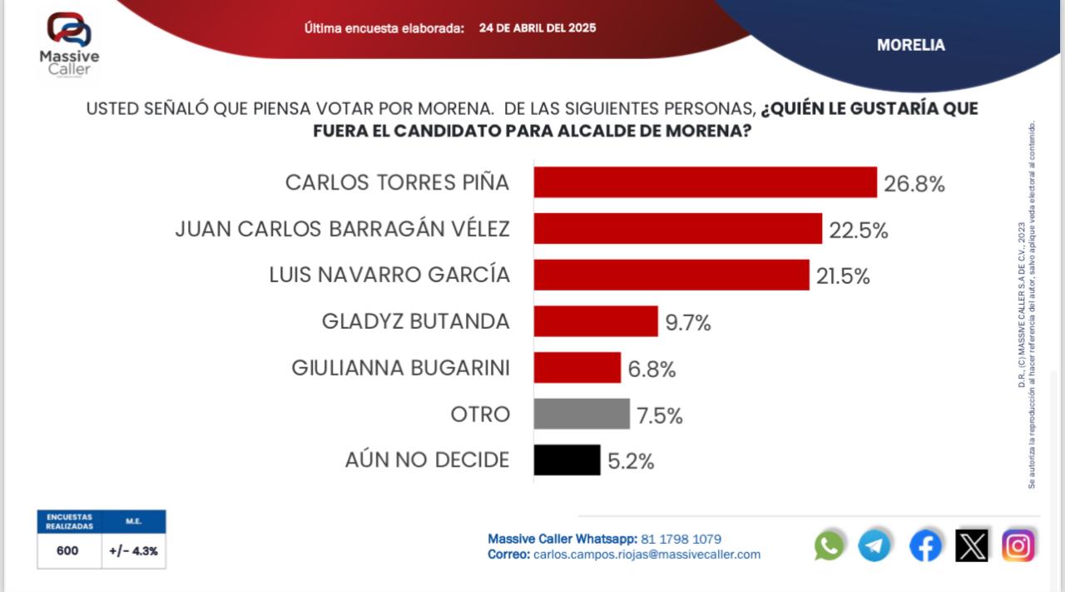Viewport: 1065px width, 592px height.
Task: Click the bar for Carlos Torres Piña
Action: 705,182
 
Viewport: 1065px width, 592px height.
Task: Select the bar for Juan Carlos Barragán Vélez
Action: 677,229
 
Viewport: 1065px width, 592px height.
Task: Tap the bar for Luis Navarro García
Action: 671,275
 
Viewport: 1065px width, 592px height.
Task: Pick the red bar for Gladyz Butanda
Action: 595,321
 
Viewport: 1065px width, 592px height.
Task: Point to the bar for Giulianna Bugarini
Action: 577,367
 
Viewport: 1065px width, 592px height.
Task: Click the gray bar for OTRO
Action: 581,414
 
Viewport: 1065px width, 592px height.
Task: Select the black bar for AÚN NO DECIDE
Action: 567,460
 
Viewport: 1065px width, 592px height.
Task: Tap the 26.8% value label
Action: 914,185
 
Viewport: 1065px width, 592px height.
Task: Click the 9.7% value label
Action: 687,323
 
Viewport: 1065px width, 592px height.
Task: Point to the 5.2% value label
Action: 631,461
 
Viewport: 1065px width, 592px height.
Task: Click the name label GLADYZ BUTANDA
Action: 415,321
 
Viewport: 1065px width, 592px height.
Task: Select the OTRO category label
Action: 480,414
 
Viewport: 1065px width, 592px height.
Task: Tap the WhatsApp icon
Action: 829,545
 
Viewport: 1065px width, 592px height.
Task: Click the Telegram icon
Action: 874,545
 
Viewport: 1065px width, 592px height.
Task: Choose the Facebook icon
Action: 925,545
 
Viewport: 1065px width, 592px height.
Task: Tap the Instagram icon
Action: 1018,545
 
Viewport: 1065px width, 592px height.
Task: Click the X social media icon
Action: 972,545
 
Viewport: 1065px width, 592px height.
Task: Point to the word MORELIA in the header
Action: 911,46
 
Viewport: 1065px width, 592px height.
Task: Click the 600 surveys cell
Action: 68,550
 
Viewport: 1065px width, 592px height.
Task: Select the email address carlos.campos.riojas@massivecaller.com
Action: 646,555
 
